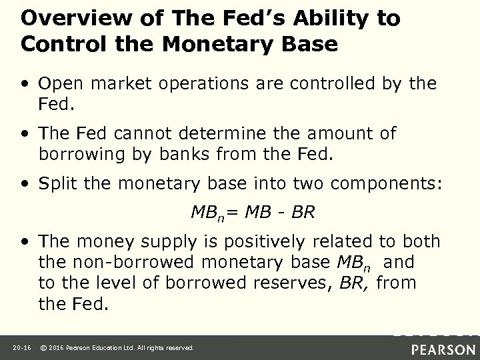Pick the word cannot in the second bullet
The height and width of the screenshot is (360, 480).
pos(137,133)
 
